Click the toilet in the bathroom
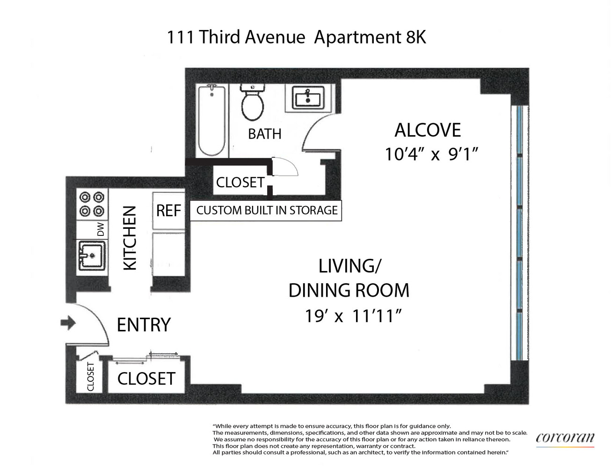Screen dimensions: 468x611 coord(253,103)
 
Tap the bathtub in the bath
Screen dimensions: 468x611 coord(212,121)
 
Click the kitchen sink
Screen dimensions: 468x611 coord(92,256)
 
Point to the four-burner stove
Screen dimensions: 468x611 coord(92,205)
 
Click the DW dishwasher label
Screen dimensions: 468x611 coord(101,229)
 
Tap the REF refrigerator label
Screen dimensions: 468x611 coord(168,211)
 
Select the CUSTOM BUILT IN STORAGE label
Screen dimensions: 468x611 coord(266,210)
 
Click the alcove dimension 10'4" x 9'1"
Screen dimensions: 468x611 coord(431,154)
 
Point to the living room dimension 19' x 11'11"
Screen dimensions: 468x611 coord(353,316)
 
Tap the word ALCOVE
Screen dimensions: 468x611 coord(428,130)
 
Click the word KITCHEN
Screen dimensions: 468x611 coord(130,238)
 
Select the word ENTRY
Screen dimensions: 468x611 coord(144,325)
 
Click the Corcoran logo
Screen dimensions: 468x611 coord(565,438)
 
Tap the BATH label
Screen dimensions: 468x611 coord(265,134)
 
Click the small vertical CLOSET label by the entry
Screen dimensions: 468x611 coord(91,377)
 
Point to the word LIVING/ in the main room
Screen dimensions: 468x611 coord(349,266)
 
